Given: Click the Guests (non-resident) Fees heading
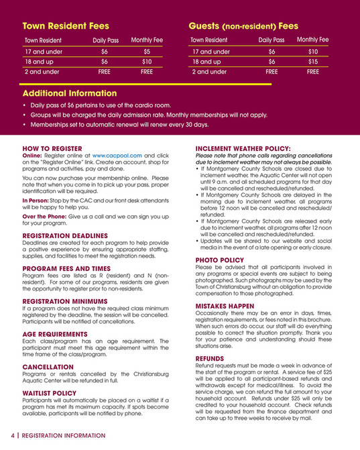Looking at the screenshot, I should (x=243, y=26).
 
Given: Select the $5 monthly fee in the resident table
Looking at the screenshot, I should (x=147, y=51).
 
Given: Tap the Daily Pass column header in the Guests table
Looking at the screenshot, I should (x=272, y=40).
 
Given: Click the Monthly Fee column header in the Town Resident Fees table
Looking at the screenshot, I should (x=147, y=40).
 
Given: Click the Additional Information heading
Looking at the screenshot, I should (x=70, y=93).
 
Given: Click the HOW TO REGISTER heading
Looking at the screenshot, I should (x=52, y=148).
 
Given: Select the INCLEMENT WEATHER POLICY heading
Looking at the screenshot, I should (x=243, y=148).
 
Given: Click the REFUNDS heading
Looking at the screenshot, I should (x=213, y=359).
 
